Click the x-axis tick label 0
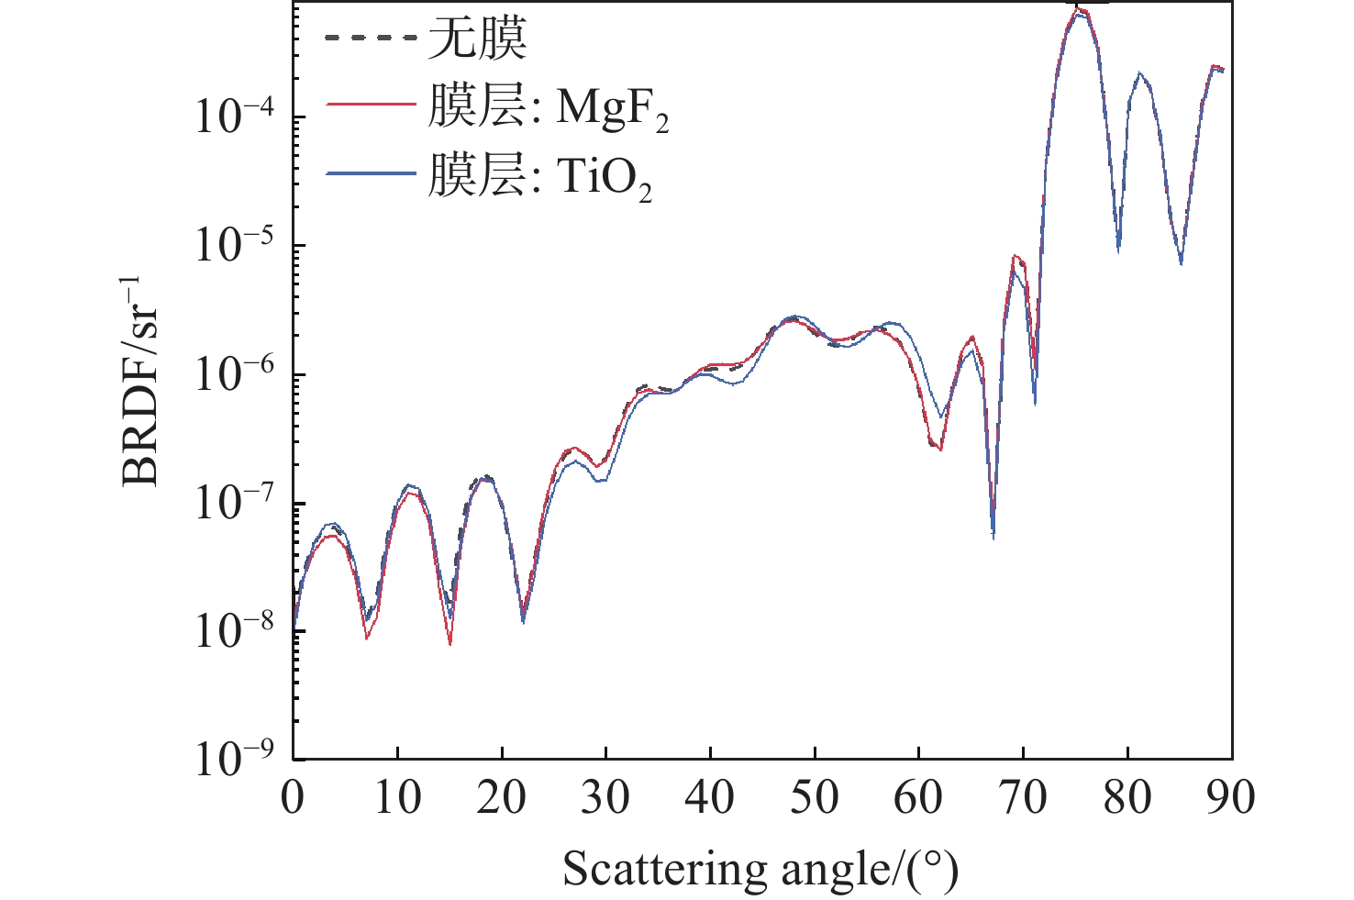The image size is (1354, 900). point(293,797)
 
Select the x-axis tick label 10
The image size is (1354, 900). point(397,797)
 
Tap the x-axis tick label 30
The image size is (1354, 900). point(605,797)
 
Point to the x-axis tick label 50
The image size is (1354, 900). point(815,797)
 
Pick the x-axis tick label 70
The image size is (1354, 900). point(1023,797)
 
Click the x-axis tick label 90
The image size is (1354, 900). point(1231,797)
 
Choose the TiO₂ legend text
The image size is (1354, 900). point(539,175)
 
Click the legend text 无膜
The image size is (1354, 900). point(477,40)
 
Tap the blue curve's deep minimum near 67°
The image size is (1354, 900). point(993,536)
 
